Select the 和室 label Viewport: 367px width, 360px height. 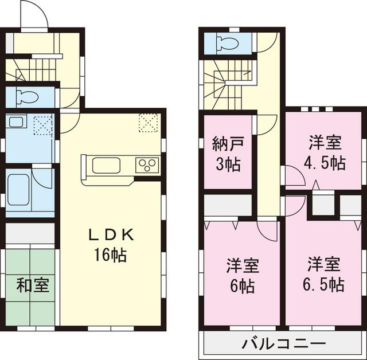[x=32, y=285]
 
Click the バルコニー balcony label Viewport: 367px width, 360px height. [x=283, y=345]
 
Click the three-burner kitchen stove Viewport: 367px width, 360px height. [x=147, y=166]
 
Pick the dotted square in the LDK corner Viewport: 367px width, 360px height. [x=148, y=122]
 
